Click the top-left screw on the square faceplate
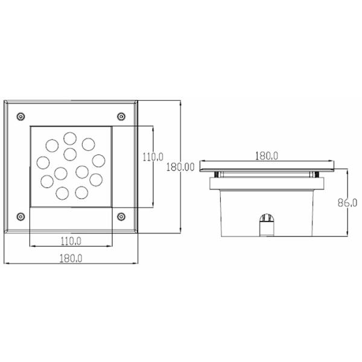[x=21, y=115]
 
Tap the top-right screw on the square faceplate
[x=121, y=115]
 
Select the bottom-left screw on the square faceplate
[x=21, y=216]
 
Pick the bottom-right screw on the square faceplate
[x=121, y=216]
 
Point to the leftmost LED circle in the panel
[x=43, y=162]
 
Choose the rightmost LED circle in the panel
[x=98, y=160]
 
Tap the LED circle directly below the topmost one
[x=71, y=152]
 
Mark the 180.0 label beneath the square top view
[x=71, y=259]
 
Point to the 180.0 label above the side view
[x=266, y=156]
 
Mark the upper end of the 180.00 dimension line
[x=181, y=100]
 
